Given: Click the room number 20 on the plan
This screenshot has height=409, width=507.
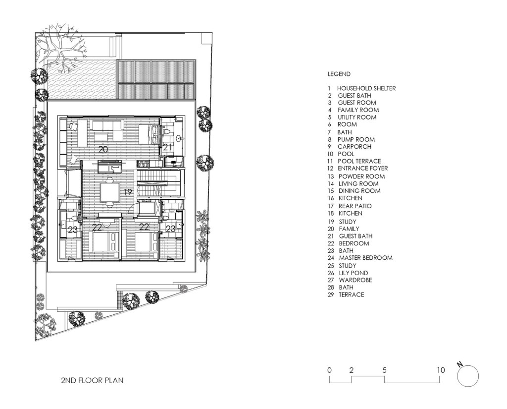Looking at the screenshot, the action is (103, 149).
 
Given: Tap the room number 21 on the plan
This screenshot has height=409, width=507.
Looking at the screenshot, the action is (167, 147).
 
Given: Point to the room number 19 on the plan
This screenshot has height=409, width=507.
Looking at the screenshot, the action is (128, 192).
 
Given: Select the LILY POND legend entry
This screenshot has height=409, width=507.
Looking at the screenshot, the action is (348, 273).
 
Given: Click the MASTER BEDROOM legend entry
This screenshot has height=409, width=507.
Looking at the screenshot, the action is (360, 258).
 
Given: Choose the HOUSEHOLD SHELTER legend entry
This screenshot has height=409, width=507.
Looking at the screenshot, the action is (361, 88).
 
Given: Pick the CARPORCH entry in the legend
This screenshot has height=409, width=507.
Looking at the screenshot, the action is (349, 146).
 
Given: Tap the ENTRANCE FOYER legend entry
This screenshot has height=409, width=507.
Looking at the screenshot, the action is (357, 168).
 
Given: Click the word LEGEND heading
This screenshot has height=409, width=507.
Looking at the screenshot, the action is (339, 74).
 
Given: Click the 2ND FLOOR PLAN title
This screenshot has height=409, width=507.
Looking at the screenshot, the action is (92, 380).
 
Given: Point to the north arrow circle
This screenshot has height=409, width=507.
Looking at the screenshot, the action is (468, 376).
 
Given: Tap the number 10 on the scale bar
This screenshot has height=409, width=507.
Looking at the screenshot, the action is (441, 370).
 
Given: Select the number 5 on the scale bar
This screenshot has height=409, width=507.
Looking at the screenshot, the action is (384, 370).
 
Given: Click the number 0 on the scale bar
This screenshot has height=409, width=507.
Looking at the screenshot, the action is (329, 370).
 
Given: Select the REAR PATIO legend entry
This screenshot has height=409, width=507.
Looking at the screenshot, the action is (350, 206).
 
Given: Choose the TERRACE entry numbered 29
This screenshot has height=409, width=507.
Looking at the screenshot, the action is (346, 294).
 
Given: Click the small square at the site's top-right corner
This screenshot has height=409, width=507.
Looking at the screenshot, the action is (205, 38).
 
